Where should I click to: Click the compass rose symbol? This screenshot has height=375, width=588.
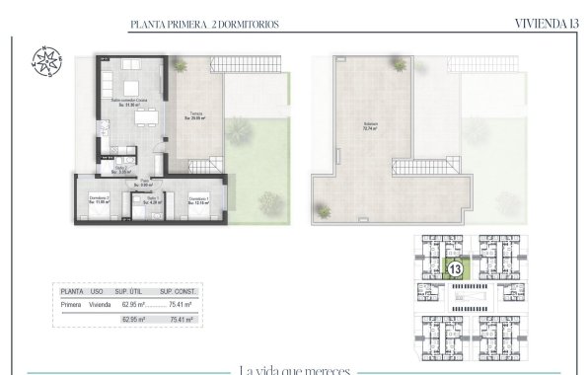(x=45, y=59)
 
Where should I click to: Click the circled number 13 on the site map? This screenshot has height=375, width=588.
(x=456, y=267)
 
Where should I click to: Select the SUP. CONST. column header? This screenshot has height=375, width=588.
(x=179, y=292)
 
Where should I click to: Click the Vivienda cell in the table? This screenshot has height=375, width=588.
(x=99, y=306)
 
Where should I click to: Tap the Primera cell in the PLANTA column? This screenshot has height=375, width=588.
(x=71, y=306)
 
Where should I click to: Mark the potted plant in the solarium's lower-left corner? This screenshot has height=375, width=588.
(x=323, y=208)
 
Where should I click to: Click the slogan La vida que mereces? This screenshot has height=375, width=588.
(x=294, y=369)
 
